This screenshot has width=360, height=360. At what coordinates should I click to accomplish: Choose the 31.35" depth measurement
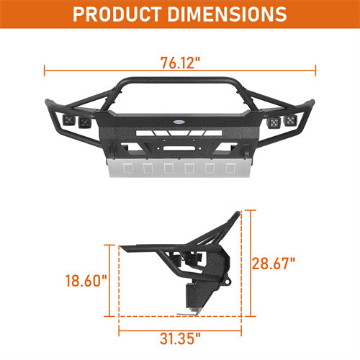coord(180,336)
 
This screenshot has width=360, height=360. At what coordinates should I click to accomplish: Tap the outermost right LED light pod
coord(290,120)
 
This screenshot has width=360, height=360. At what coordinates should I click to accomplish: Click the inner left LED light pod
coord(86,123)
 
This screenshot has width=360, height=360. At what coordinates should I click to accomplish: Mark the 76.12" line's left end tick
coord(45,71)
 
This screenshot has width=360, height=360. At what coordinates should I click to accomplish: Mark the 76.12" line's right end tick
coord(316,71)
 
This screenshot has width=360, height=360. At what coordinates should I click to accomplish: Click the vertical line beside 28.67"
coord(251,263)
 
